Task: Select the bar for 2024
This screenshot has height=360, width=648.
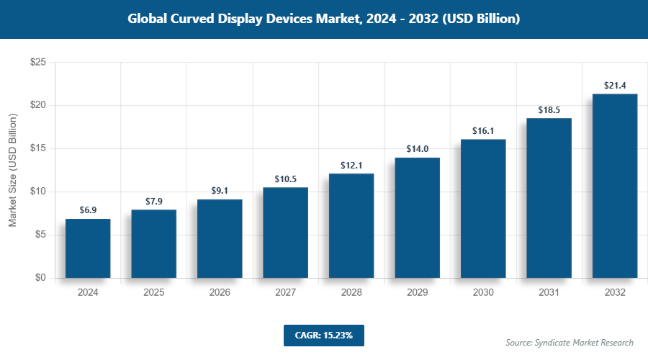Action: click(x=88, y=248)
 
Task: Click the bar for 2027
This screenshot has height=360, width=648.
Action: click(x=285, y=233)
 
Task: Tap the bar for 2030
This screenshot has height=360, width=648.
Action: click(x=483, y=209)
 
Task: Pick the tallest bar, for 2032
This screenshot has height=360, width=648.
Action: click(x=615, y=186)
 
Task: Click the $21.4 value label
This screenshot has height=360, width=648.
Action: click(x=615, y=86)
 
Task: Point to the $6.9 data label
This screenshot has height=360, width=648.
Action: click(x=88, y=211)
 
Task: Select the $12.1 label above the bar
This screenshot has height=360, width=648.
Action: click(x=351, y=166)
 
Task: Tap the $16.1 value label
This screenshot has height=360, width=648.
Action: click(x=483, y=131)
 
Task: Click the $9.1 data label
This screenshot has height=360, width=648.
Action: click(x=220, y=192)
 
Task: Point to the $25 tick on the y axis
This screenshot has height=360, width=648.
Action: click(x=38, y=63)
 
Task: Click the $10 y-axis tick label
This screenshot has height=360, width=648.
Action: click(x=38, y=192)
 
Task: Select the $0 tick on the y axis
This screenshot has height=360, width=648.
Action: click(x=40, y=278)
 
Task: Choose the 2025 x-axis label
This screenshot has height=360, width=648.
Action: click(x=153, y=293)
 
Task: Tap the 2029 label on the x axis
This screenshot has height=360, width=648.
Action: click(x=417, y=293)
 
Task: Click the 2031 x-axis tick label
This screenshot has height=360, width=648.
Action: click(x=549, y=293)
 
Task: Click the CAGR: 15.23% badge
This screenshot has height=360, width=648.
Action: click(x=323, y=335)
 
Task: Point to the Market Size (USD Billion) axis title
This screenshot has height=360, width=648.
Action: click(x=12, y=170)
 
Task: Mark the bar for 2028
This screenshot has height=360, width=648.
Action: click(x=351, y=225)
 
